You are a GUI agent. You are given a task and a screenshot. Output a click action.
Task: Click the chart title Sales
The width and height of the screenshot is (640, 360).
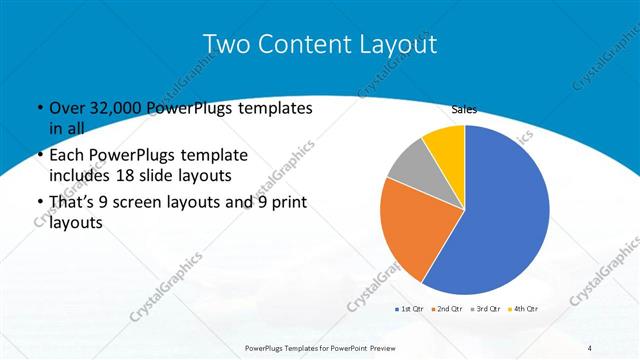click(464, 109)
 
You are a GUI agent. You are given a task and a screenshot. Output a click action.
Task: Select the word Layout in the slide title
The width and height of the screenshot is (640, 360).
click(397, 45)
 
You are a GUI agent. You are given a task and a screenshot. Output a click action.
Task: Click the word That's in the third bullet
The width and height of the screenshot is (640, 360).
click(71, 204)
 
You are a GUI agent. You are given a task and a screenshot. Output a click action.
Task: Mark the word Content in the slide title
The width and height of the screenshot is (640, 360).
click(301, 45)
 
